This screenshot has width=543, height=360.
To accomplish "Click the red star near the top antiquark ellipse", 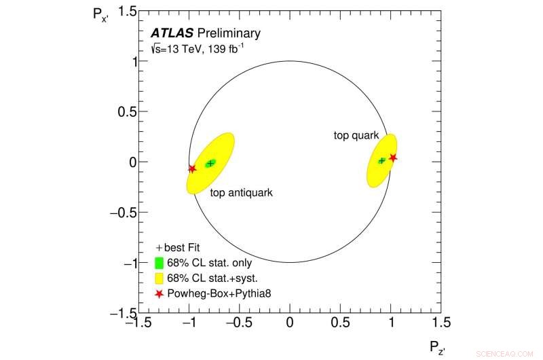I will (192, 169).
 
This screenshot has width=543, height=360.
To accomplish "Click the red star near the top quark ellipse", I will (393, 158).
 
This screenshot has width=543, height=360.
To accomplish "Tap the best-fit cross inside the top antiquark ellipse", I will (211, 163).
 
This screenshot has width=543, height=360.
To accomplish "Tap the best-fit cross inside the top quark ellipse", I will (382, 161).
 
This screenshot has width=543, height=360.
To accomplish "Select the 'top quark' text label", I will (356, 135).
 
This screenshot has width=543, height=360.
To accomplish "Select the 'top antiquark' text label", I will (241, 193).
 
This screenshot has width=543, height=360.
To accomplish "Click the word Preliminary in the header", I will (228, 33).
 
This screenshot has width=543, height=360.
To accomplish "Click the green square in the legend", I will (159, 264).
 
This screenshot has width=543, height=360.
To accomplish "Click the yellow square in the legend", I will (159, 278).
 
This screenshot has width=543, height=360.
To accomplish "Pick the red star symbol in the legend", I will (159, 294).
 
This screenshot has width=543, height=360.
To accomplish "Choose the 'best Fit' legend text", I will (181, 248).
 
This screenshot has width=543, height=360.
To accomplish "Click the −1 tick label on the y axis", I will (122, 263).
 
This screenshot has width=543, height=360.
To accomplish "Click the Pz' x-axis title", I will (436, 348).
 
